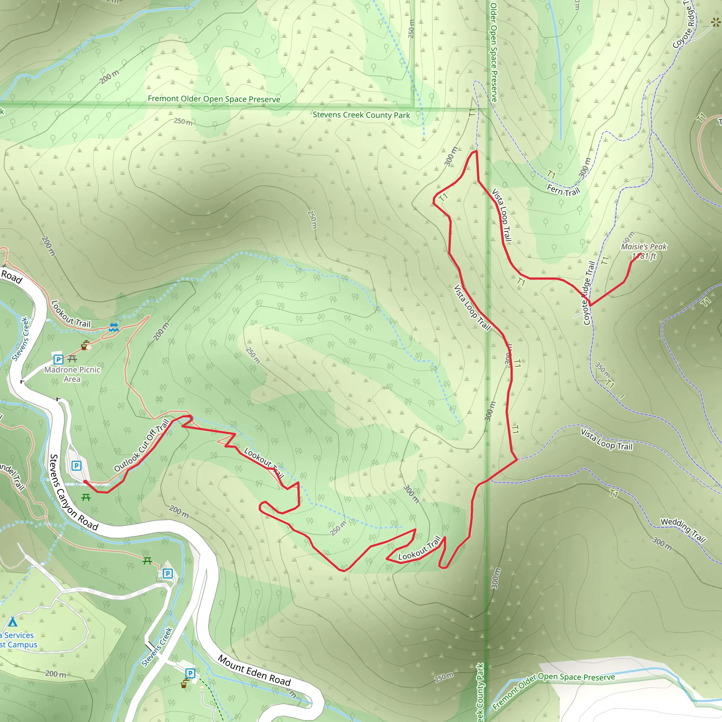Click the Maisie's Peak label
(x=643, y=247)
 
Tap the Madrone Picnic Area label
(x=72, y=374)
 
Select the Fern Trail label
(x=563, y=190)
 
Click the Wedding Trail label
(x=683, y=530)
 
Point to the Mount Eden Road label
(x=254, y=671)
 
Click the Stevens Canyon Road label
(x=74, y=492)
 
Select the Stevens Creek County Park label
(x=361, y=115)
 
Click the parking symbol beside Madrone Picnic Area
(x=58, y=360)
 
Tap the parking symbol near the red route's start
(x=76, y=466)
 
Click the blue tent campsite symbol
(x=13, y=622)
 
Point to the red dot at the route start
(x=85, y=482)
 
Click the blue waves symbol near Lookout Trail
(x=114, y=328)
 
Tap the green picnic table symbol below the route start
(x=86, y=497)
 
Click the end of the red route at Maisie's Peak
(x=641, y=255)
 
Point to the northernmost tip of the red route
(x=476, y=151)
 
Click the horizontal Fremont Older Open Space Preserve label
(x=214, y=99)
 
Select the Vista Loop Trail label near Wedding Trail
(x=606, y=440)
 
